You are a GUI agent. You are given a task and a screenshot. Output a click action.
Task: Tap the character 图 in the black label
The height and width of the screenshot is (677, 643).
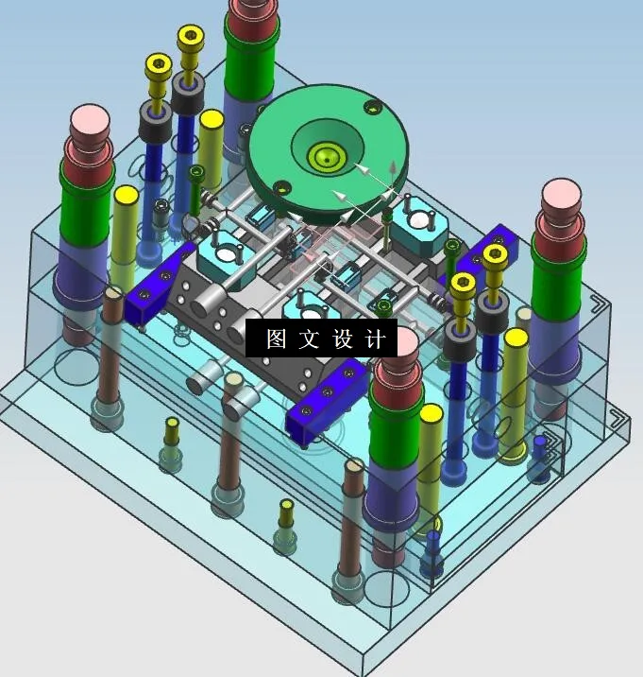(276, 339)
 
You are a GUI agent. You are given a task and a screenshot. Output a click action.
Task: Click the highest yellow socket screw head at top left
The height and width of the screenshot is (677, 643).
(191, 38)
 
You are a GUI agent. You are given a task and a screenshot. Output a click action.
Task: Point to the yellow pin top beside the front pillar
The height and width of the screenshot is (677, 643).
(431, 414)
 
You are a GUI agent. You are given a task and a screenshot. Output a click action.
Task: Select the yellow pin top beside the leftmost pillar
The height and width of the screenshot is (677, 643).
(126, 196)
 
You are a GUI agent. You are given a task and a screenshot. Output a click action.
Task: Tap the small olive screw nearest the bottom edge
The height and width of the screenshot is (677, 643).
(287, 508)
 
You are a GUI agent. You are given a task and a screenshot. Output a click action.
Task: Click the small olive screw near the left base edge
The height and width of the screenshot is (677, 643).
(171, 425)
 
